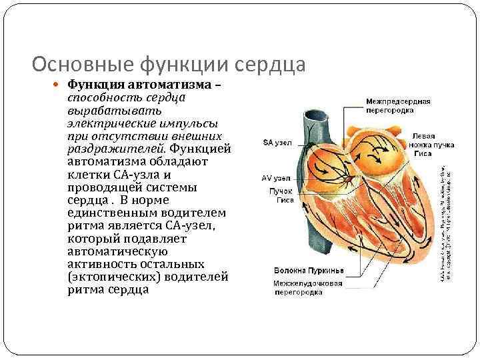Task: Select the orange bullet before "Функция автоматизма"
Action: point(59,86)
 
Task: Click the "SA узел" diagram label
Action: point(277,142)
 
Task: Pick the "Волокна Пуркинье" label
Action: point(307,270)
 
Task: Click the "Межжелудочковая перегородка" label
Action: point(309,287)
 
